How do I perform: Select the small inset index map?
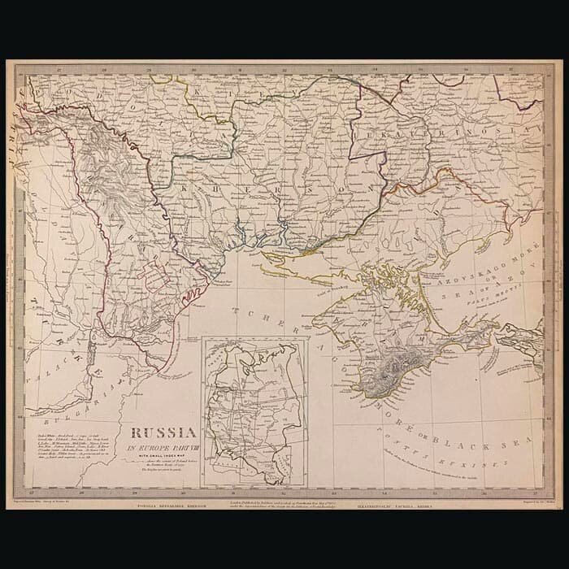[255, 413]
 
